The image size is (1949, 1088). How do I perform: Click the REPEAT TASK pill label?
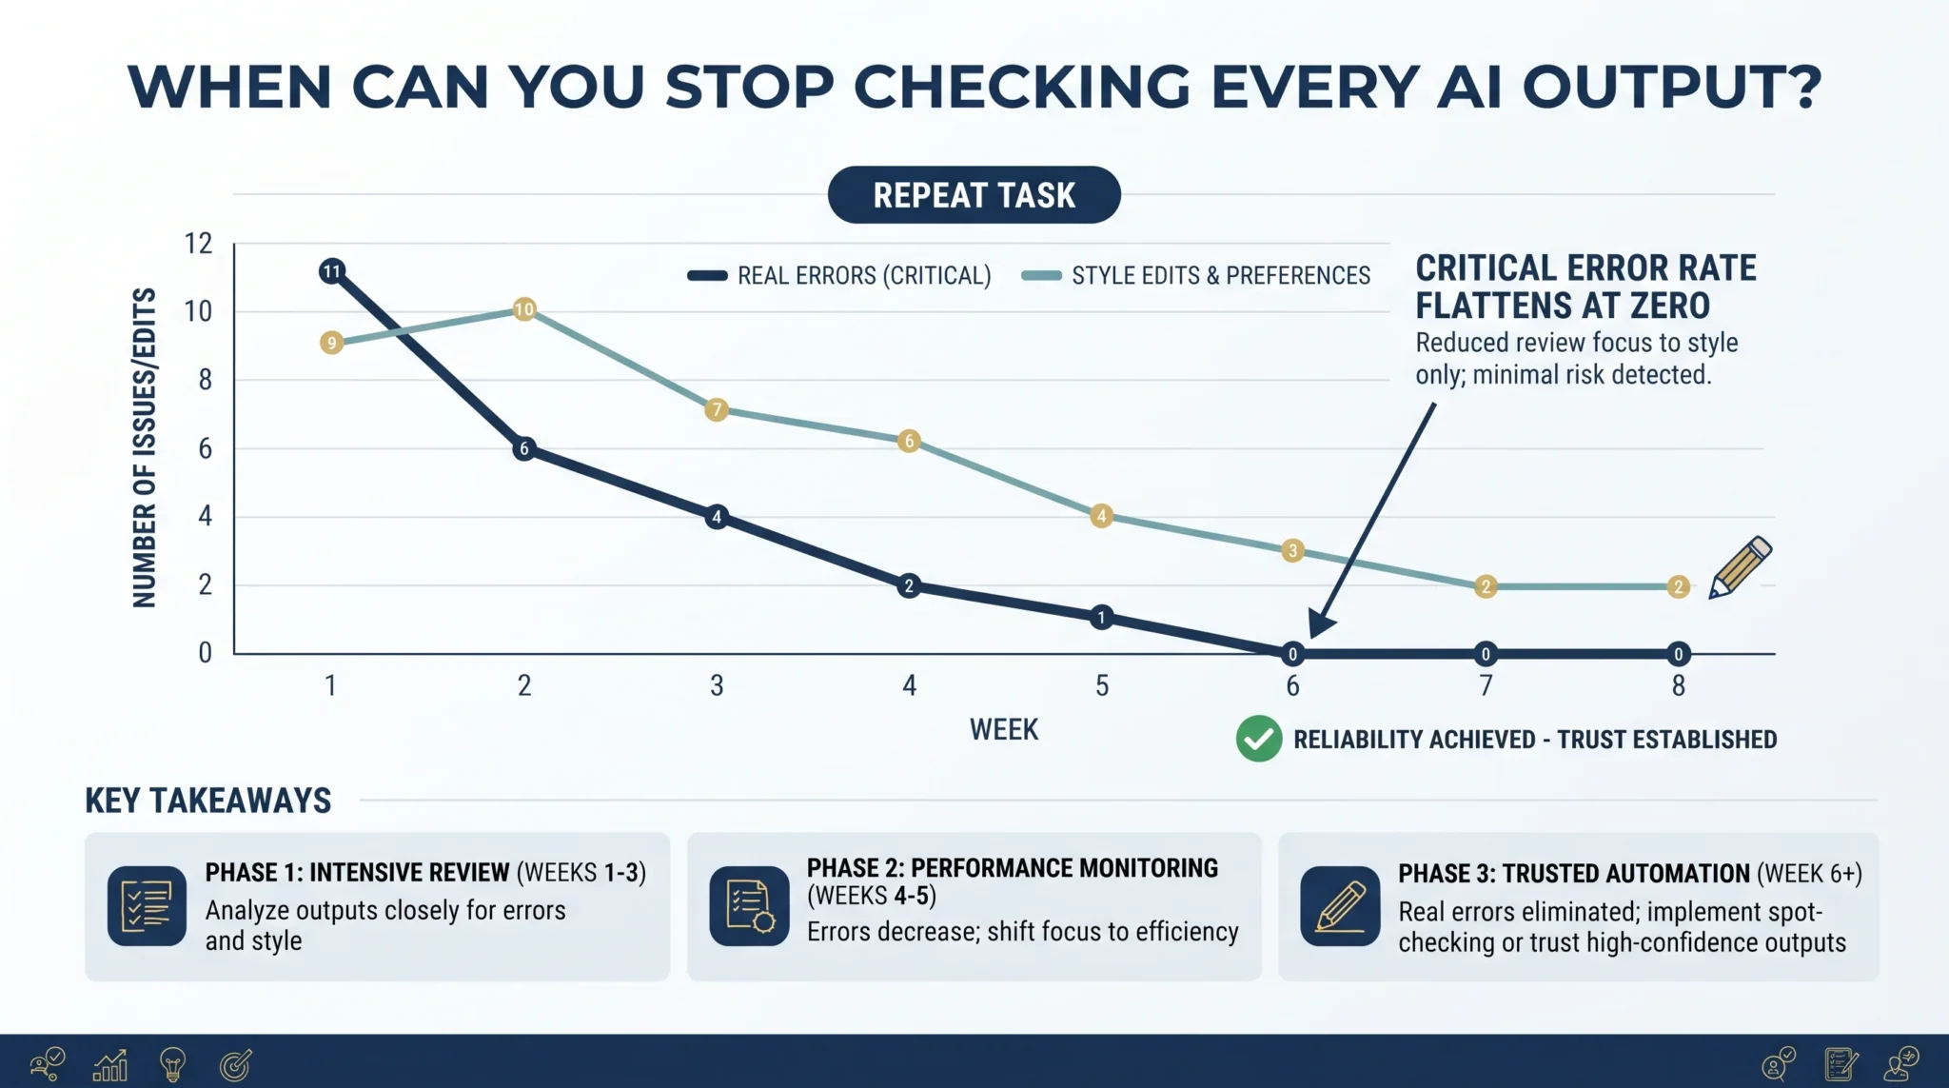coord(974,195)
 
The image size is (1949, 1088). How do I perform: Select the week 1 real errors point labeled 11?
coord(331,271)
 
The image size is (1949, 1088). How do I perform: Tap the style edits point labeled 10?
coord(524,309)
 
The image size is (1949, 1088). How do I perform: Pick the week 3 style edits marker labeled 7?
coord(717,410)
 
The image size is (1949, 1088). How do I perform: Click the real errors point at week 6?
coord(1292,654)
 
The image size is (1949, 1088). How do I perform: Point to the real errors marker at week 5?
coord(1101,617)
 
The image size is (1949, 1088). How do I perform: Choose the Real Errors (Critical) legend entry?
coord(839,276)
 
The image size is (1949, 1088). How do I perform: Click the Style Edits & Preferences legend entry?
coord(1196,276)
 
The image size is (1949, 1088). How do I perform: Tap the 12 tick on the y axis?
coord(198,244)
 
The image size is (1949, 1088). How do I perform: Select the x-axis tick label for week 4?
coord(910,685)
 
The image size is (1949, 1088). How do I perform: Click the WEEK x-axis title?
coord(1004,730)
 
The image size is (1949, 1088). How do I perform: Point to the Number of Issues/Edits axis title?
coord(144,447)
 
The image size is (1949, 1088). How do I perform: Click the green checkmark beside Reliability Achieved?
coord(1259,739)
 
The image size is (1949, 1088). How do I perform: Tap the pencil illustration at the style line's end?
coord(1741,567)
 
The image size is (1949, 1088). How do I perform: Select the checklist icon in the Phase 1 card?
coord(147,905)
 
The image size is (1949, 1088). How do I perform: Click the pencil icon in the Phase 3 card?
coord(1340,905)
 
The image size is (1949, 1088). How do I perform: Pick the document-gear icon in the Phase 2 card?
coord(750,905)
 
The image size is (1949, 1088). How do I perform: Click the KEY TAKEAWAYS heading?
coord(208,801)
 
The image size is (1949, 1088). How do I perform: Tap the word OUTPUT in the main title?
coord(1672,88)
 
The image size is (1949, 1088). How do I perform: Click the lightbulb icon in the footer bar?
coord(172,1064)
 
